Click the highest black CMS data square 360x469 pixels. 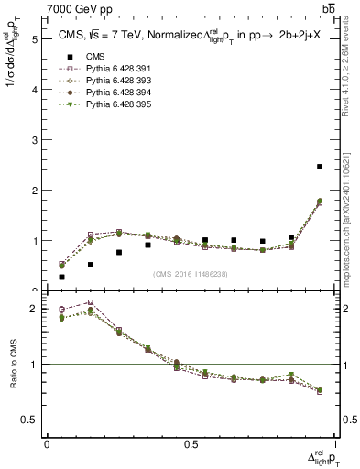coord(320,167)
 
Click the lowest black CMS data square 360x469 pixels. coord(61,277)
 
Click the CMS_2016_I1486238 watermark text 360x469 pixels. coord(190,275)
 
